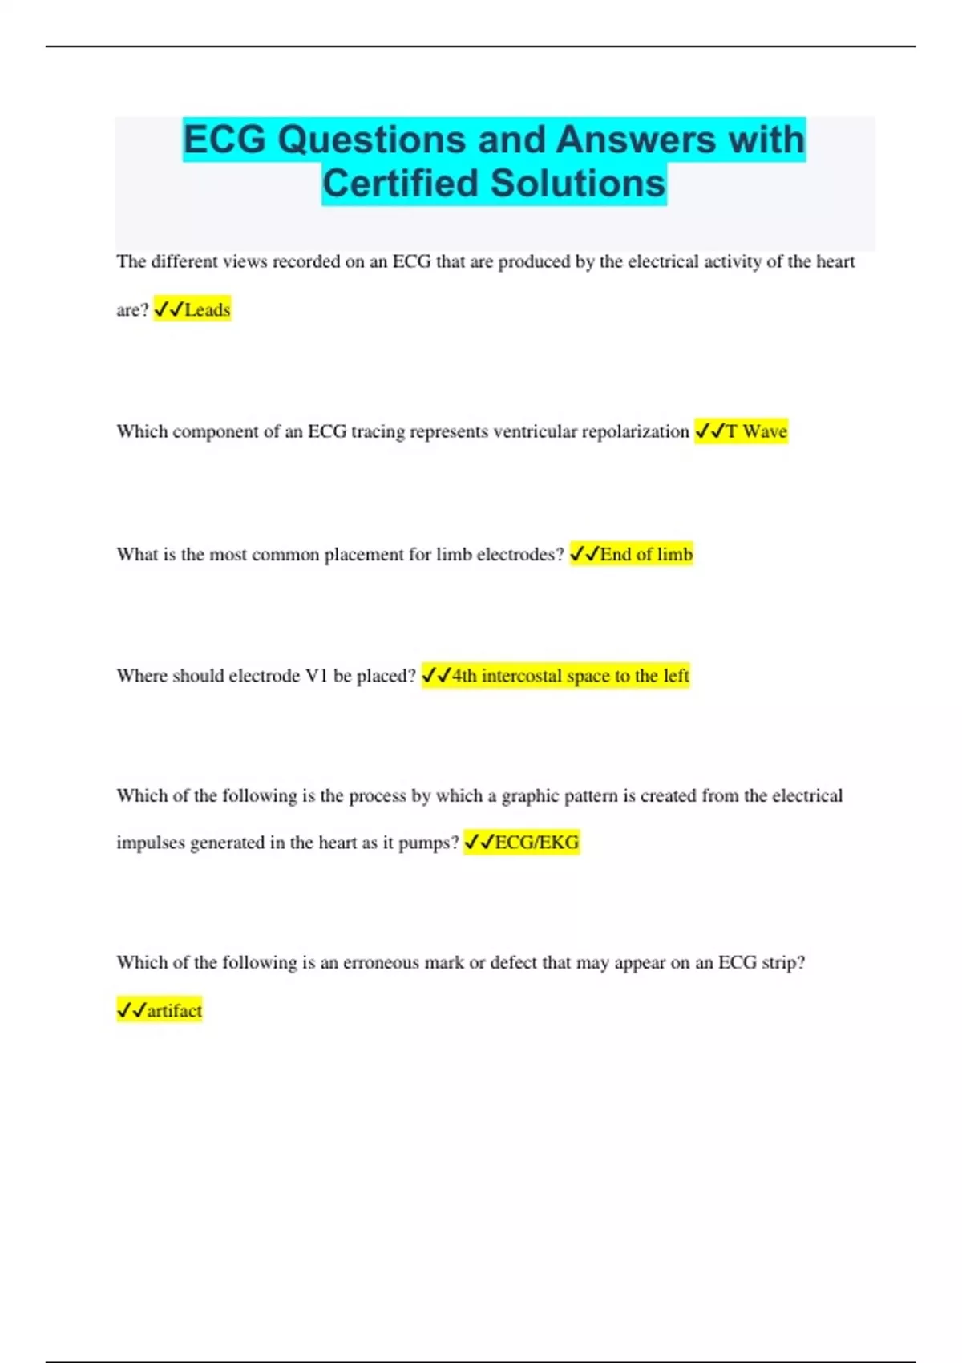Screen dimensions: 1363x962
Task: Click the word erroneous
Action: tap(382, 962)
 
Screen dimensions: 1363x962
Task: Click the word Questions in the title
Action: tap(371, 140)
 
